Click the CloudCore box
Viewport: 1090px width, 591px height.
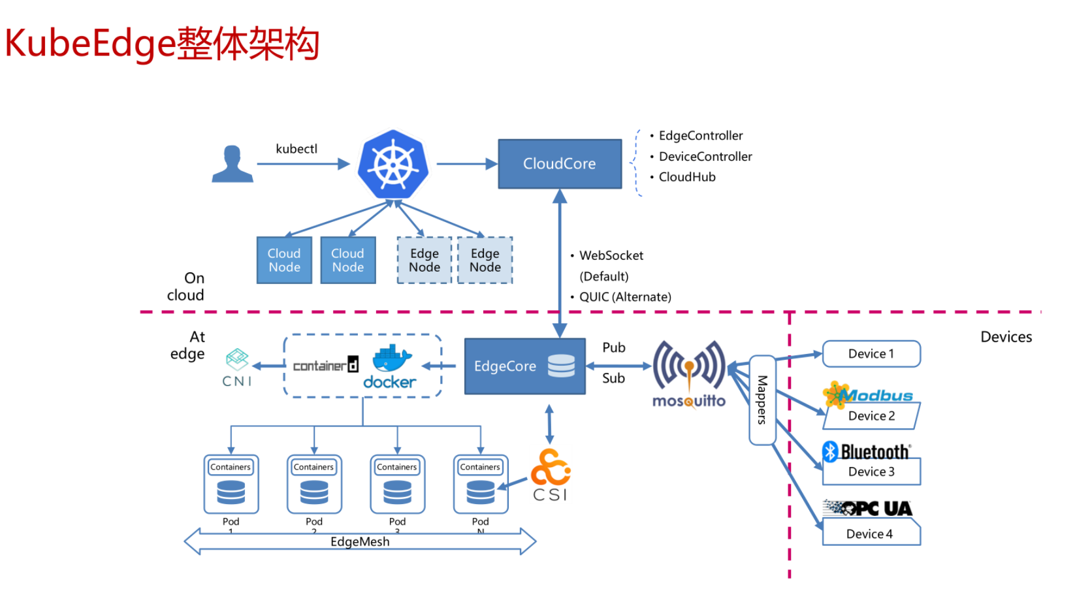[x=560, y=164]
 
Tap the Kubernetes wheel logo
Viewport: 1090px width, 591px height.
[x=393, y=164]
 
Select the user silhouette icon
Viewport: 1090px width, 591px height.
[x=232, y=164]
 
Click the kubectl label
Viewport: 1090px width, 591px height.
[x=297, y=149]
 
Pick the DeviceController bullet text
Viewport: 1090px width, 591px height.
[x=705, y=157]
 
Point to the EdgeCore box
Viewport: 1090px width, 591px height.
[x=524, y=366]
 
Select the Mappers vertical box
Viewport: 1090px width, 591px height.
[x=762, y=400]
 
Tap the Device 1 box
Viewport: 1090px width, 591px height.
[x=871, y=354]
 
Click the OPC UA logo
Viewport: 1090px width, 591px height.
[x=868, y=508]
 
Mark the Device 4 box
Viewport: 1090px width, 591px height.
[x=871, y=534]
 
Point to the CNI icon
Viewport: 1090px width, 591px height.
[x=237, y=368]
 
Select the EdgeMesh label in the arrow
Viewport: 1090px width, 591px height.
[x=360, y=541]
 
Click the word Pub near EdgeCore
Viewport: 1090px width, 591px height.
[x=614, y=347]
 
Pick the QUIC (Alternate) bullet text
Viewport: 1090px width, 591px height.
[x=625, y=297]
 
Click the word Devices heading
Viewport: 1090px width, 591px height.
[x=1006, y=337]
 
